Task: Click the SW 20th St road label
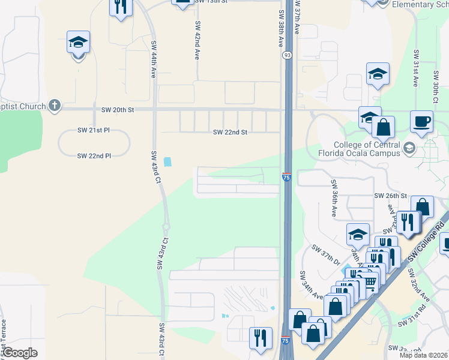click(118, 110)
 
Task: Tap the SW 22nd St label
click(231, 133)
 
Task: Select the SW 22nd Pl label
click(94, 156)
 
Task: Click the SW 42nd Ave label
click(196, 40)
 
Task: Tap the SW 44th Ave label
click(154, 59)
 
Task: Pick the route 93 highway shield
click(288, 55)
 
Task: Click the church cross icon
click(55, 106)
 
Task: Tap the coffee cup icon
click(421, 121)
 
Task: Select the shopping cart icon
click(370, 280)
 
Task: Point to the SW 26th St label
click(391, 196)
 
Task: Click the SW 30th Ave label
click(435, 88)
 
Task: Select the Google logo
click(19, 353)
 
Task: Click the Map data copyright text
click(424, 355)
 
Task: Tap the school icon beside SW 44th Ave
click(78, 43)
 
